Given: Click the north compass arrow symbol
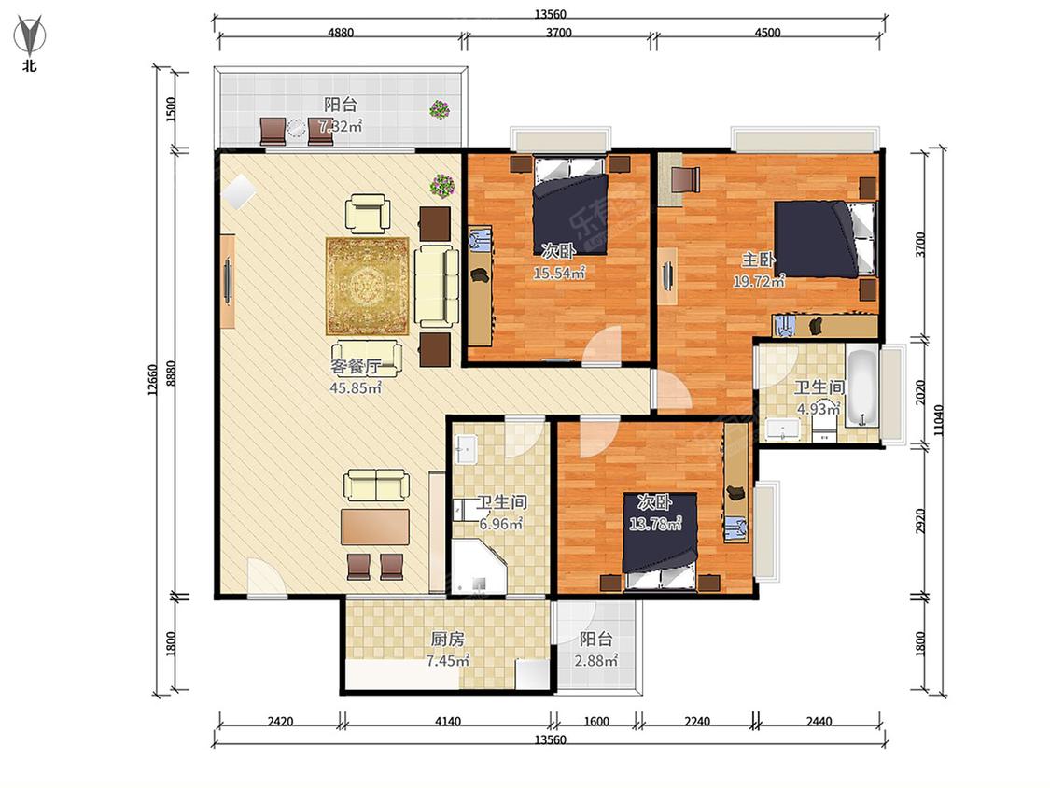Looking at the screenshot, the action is pos(30,37).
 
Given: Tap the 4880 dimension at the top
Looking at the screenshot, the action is pos(340,32).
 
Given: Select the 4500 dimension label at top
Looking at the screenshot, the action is pos(767,32).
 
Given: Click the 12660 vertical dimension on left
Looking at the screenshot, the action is pos(152,380).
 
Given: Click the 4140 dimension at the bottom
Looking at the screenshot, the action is pos(447,722).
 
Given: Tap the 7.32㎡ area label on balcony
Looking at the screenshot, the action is pos(340,125).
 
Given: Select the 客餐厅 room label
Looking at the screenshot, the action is pos(356,367).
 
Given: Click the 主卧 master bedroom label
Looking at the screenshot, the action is pos(758,260).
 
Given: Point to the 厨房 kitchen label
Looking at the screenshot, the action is pos(447,639).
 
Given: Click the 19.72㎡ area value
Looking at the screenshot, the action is pos(758,281).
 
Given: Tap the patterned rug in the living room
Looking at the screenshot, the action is pos(367,286).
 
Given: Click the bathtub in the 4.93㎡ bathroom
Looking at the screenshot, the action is pos(861,387).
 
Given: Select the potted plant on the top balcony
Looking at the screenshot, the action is pos(440,110).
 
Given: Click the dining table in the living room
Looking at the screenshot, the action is pos(375,527).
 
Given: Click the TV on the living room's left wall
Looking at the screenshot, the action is pos(228,281).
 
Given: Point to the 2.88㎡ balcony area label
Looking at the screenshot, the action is pos(596,661).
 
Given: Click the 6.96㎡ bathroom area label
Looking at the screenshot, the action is pos(501,524).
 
